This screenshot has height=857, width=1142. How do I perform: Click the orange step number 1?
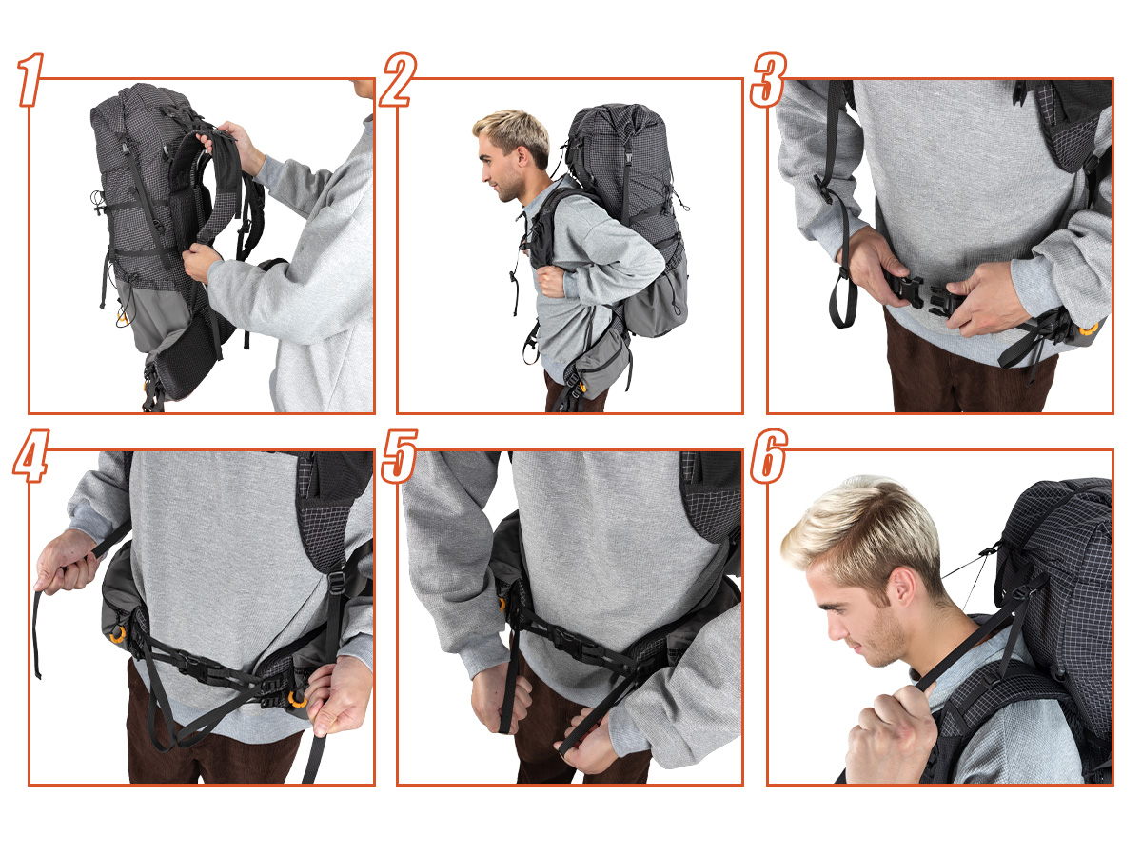(x=30, y=80)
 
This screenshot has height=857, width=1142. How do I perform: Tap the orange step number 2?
(x=398, y=80)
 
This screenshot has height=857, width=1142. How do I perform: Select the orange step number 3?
(x=768, y=80)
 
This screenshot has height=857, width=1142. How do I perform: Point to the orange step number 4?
(x=31, y=456)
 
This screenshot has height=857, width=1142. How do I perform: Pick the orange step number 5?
(x=399, y=456)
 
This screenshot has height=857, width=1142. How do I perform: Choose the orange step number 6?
(x=768, y=456)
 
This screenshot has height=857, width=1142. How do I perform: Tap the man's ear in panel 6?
(x=904, y=585)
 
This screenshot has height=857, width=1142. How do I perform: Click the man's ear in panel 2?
(x=522, y=155)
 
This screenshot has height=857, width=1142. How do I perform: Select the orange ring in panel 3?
(x=1089, y=329)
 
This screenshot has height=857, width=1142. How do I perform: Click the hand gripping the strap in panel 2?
(x=551, y=282)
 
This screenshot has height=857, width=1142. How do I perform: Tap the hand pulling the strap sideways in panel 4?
(x=67, y=562)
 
